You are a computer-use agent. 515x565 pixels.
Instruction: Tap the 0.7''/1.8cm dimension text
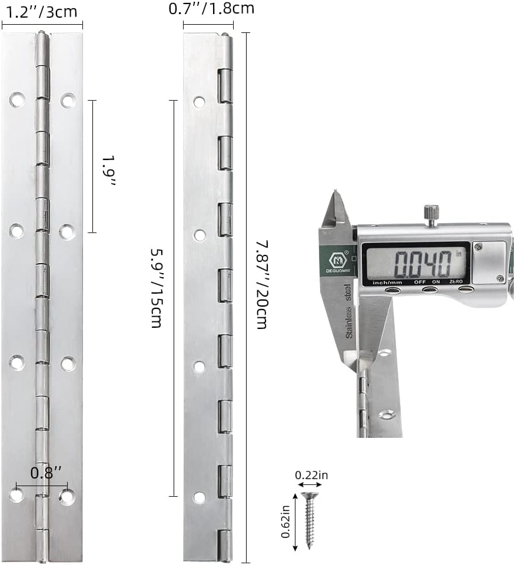click(x=211, y=8)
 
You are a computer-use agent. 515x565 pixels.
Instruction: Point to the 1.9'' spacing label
click(x=108, y=171)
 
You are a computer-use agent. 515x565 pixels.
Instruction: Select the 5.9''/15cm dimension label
click(x=157, y=288)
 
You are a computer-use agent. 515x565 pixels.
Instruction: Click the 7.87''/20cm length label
click(x=262, y=285)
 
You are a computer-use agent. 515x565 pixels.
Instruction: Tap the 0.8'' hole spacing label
click(x=46, y=473)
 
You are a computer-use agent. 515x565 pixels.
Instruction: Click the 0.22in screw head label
click(x=311, y=476)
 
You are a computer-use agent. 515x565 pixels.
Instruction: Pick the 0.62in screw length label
click(x=286, y=521)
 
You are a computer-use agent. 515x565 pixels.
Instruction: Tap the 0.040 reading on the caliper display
click(x=423, y=264)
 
